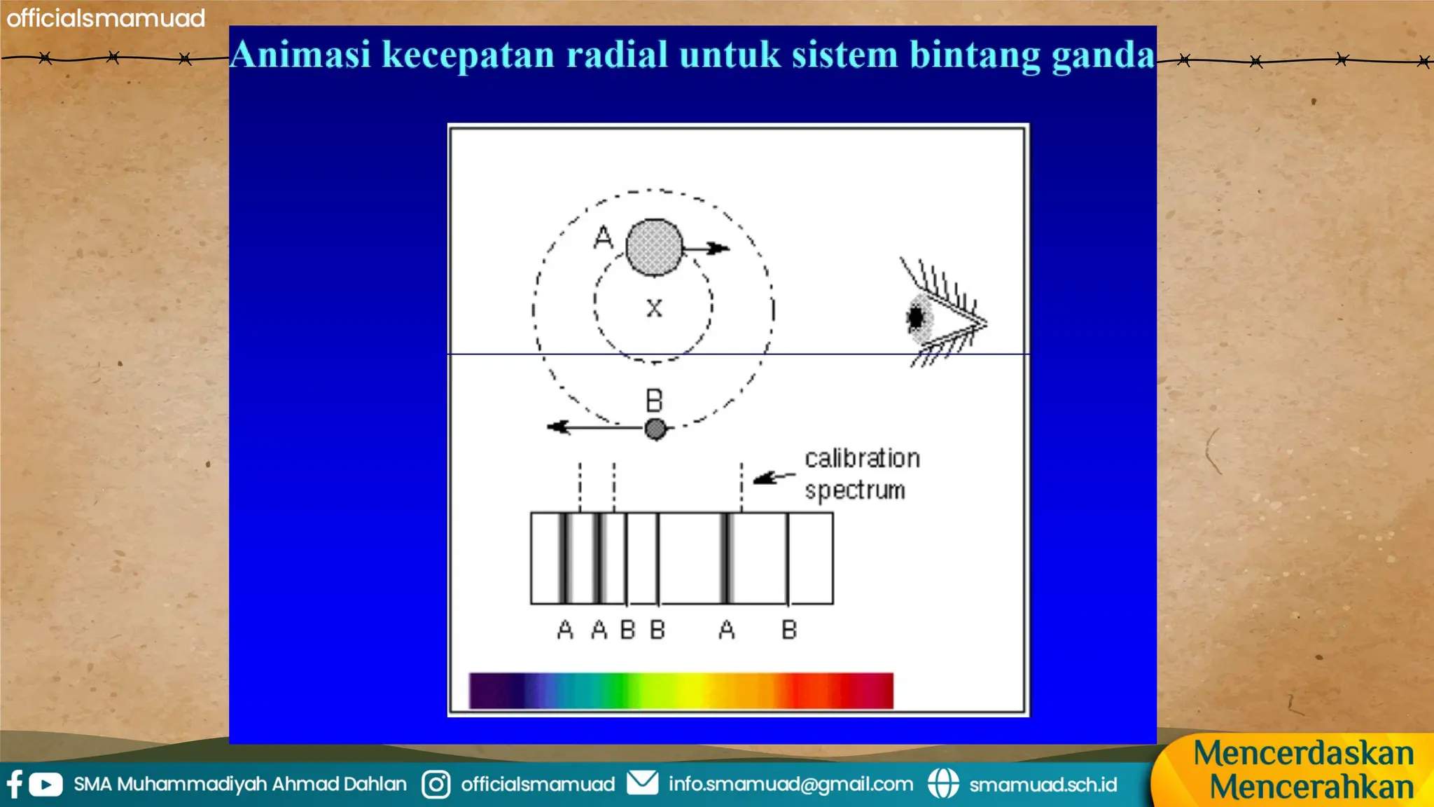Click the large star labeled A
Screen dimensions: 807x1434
pyautogui.click(x=654, y=247)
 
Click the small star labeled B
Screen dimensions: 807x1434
pyautogui.click(x=655, y=429)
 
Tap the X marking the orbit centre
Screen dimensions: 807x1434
pyautogui.click(x=654, y=308)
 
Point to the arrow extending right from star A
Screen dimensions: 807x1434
pyautogui.click(x=707, y=248)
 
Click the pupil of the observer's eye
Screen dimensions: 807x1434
pyautogui.click(x=915, y=318)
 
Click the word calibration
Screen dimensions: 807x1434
pyautogui.click(x=862, y=458)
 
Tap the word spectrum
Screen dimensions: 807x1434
pyautogui.click(x=855, y=490)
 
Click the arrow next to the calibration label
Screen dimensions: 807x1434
pyautogui.click(x=773, y=477)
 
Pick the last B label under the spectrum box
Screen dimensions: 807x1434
pyautogui.click(x=789, y=630)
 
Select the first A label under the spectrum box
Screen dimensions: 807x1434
pyautogui.click(x=565, y=630)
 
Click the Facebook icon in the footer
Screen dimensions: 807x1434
pyautogui.click(x=14, y=784)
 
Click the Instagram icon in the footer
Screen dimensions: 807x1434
pyautogui.click(x=436, y=784)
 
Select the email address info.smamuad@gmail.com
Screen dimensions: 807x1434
pyautogui.click(x=791, y=784)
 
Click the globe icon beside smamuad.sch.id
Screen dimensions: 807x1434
pyautogui.click(x=943, y=784)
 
